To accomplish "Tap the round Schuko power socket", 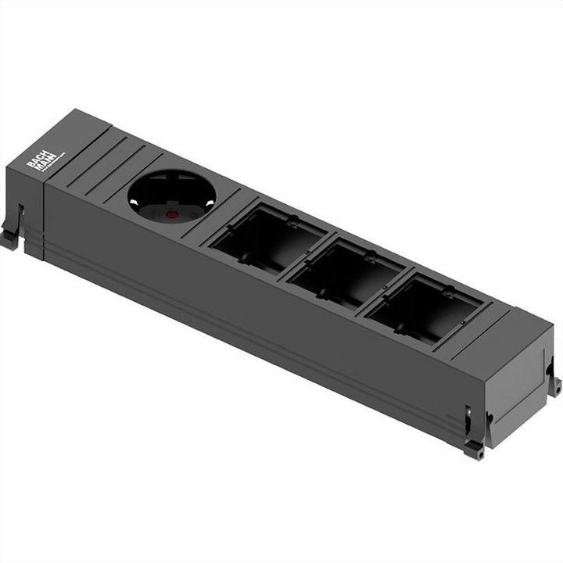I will click(x=171, y=196).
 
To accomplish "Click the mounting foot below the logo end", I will click(x=10, y=238).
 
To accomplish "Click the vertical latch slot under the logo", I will click(x=21, y=218).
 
